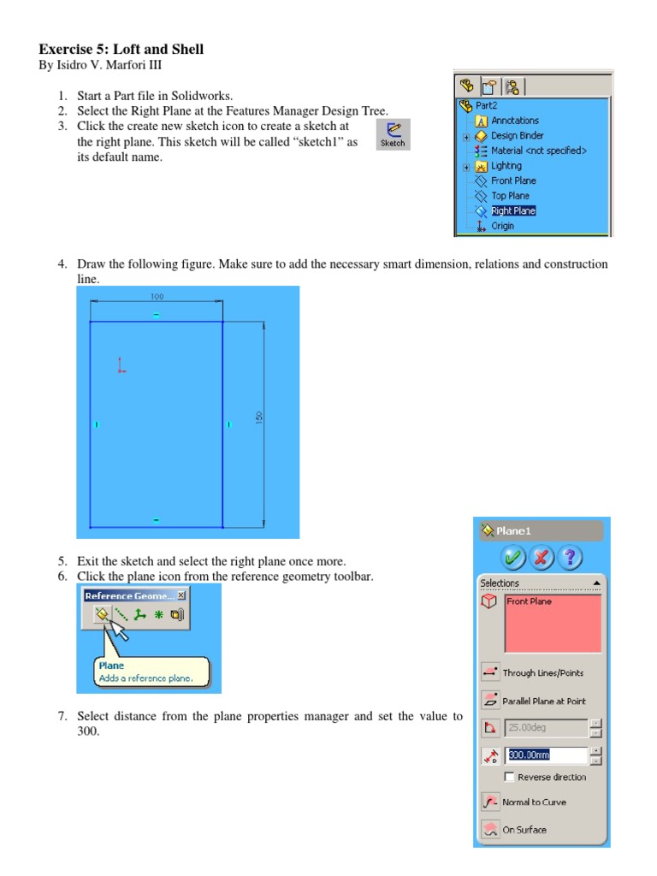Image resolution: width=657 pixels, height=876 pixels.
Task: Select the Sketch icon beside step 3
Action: (x=393, y=134)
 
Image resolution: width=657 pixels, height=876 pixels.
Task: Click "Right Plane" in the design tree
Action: (x=513, y=210)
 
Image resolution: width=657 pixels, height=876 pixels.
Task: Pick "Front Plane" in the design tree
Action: (x=513, y=181)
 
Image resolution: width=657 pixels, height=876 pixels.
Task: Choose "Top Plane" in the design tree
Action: (x=510, y=196)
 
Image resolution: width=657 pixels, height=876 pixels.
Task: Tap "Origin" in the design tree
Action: (x=502, y=226)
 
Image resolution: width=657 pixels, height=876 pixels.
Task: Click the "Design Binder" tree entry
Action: (x=517, y=135)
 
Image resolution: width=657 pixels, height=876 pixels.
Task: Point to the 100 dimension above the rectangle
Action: (x=157, y=297)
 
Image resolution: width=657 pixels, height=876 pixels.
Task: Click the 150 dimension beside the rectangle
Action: (x=258, y=417)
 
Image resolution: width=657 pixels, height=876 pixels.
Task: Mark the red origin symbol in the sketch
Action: (x=121, y=366)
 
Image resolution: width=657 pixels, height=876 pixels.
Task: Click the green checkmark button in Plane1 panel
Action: (x=513, y=559)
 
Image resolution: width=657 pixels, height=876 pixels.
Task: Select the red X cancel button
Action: (x=542, y=559)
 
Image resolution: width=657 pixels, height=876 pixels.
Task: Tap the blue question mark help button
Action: (x=570, y=559)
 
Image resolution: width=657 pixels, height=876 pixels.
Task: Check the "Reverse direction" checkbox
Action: (x=510, y=777)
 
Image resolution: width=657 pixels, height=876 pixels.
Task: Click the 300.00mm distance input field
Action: (x=547, y=755)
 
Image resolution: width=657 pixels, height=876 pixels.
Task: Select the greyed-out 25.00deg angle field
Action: (x=546, y=728)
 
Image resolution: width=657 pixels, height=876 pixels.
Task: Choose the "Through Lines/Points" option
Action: (x=542, y=673)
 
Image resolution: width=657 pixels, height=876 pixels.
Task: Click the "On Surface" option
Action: (x=524, y=830)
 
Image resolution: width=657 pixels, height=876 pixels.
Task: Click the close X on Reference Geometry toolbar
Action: (x=181, y=595)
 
